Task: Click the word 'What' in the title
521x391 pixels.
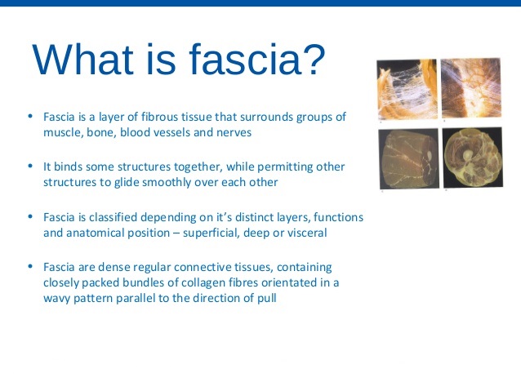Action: click(x=82, y=59)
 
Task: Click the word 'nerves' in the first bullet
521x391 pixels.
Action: click(x=234, y=132)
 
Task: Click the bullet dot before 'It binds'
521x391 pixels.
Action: click(x=30, y=166)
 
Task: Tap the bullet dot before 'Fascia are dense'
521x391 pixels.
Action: click(x=30, y=266)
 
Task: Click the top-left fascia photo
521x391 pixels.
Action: click(x=407, y=89)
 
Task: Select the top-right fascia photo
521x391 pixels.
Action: click(x=471, y=87)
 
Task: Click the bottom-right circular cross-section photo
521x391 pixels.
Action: click(x=473, y=157)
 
